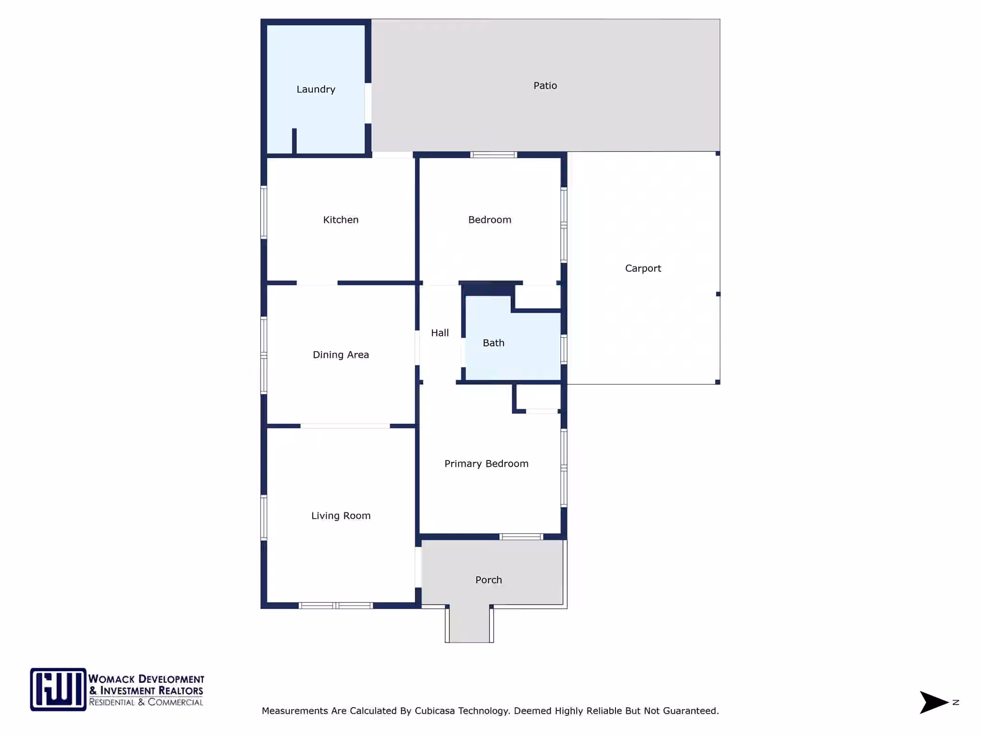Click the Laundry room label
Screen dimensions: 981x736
316,90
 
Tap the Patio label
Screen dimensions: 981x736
545,86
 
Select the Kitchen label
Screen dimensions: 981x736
341,220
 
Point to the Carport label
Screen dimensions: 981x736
643,269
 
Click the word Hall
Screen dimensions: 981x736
440,333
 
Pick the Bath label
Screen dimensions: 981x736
493,343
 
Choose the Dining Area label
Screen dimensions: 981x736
341,355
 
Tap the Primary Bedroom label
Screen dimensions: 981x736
486,464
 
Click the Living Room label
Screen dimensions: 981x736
341,516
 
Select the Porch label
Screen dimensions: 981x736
489,580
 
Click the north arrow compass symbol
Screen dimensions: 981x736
934,702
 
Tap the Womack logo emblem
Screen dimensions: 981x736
58,690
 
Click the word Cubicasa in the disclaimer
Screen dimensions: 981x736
435,711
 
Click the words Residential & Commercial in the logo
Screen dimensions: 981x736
146,702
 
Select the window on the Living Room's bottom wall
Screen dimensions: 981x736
336,606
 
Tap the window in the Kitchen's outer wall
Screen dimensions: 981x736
263,212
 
